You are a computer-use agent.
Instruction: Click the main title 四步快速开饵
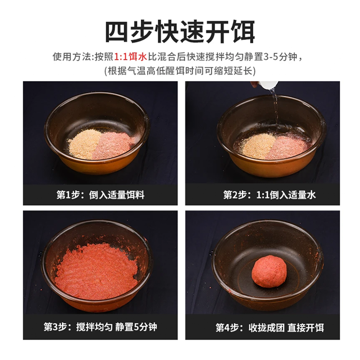pos(180,31)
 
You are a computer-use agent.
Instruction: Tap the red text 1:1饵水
pos(130,57)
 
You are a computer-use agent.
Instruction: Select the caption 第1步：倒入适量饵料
pos(100,195)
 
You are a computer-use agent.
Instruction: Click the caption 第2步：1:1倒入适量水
pos(269,195)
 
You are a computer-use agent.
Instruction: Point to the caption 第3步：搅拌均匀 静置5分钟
pos(100,327)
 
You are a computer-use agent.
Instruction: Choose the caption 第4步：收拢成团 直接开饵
pos(270,328)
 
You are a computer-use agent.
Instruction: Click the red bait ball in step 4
pos(269,271)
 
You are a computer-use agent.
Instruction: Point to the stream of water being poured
pos(275,108)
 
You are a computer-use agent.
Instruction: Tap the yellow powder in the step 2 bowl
pos(257,145)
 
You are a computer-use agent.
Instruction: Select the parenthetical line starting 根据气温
pos(180,71)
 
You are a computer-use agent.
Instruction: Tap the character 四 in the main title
pos(117,31)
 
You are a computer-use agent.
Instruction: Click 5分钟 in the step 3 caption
pos(145,327)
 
